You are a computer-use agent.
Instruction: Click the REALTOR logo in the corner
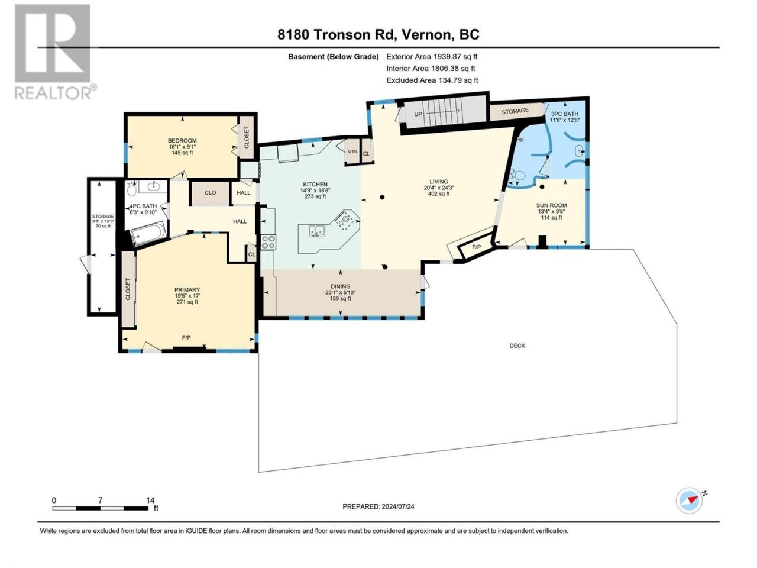pos(54,52)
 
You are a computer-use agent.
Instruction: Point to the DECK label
pos(517,346)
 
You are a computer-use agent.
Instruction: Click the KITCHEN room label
pos(315,185)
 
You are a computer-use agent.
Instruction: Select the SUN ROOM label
pos(551,205)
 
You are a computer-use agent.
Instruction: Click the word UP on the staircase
pos(418,114)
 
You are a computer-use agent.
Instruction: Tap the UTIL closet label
pos(353,151)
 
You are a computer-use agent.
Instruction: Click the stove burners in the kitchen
pos(269,241)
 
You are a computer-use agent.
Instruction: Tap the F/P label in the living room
pos(476,247)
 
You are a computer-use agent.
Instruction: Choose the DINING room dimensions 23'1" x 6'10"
pos(341,292)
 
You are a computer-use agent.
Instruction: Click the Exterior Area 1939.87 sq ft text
pos(432,57)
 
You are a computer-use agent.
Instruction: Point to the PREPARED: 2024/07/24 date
pos(378,506)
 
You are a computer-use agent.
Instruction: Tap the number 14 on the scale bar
pos(150,500)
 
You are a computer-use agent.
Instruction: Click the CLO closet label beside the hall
pos(210,193)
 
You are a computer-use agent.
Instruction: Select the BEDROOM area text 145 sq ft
pos(182,153)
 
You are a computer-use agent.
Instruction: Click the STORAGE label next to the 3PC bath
pos(515,111)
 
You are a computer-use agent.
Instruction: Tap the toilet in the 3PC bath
pos(517,175)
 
